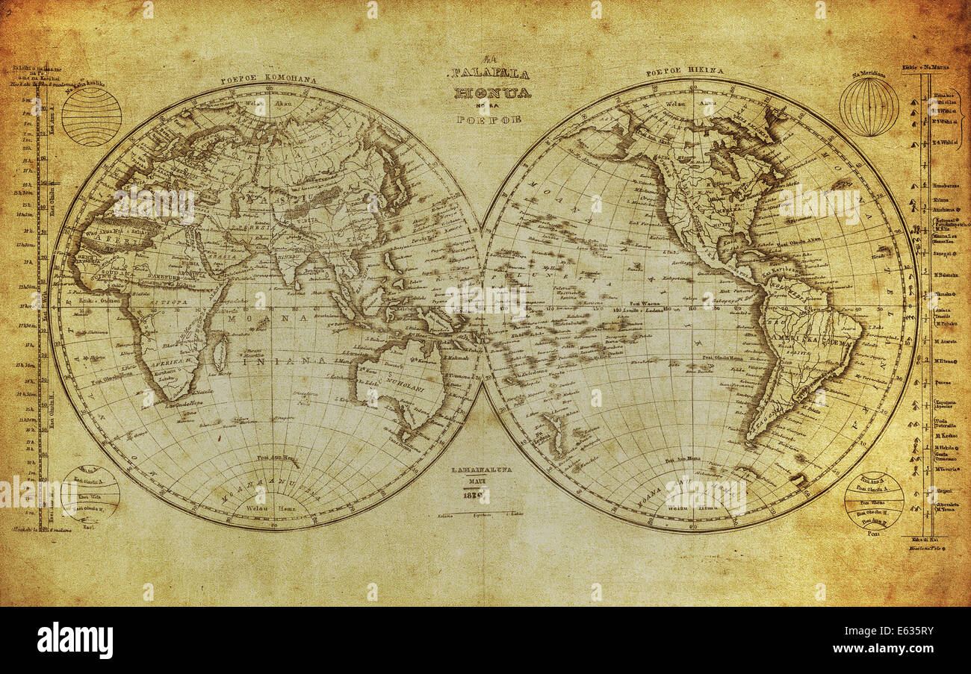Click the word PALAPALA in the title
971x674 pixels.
(x=489, y=74)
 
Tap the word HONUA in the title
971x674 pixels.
(x=492, y=93)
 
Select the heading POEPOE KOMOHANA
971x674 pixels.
(x=268, y=79)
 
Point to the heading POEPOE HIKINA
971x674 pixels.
(x=685, y=72)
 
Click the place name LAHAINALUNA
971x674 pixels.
(x=483, y=471)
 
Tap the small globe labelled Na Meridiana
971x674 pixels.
(x=869, y=107)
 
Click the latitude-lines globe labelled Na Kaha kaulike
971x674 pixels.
(x=91, y=116)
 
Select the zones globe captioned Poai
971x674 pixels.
(x=874, y=501)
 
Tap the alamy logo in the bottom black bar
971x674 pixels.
(x=75, y=640)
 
